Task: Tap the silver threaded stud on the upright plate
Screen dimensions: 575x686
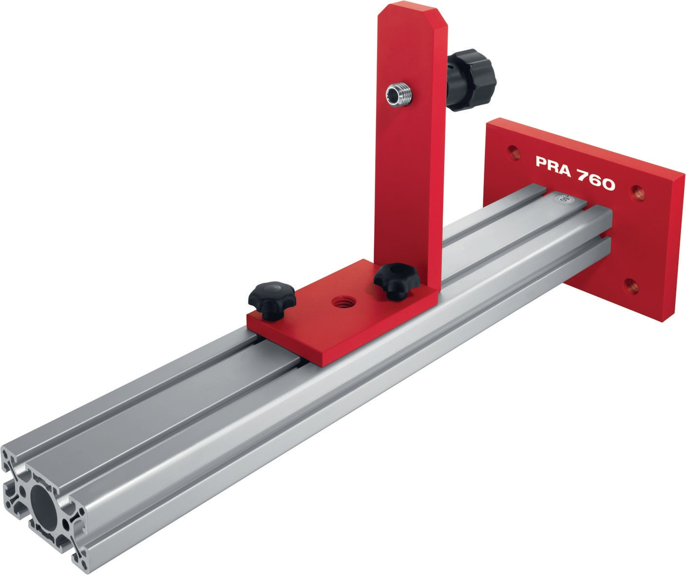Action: pyautogui.click(x=398, y=93)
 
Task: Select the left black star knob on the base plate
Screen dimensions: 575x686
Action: pyautogui.click(x=272, y=298)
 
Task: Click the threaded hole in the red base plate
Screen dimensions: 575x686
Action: pyautogui.click(x=339, y=303)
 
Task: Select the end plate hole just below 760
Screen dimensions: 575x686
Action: pyautogui.click(x=637, y=194)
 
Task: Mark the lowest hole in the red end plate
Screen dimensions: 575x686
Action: pyautogui.click(x=631, y=286)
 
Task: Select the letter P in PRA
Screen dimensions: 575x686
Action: pyautogui.click(x=541, y=161)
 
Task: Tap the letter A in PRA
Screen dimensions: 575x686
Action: pyautogui.click(x=564, y=167)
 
